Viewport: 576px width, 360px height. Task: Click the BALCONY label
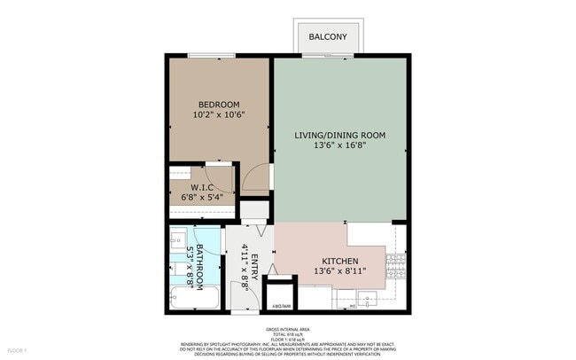pyautogui.click(x=328, y=37)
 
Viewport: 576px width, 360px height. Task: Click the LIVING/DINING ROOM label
pyautogui.click(x=340, y=136)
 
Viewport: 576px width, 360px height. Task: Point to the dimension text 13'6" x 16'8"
pyautogui.click(x=340, y=147)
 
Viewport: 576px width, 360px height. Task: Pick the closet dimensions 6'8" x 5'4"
pyautogui.click(x=203, y=197)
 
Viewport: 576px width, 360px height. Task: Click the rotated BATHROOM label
pyautogui.click(x=200, y=266)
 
